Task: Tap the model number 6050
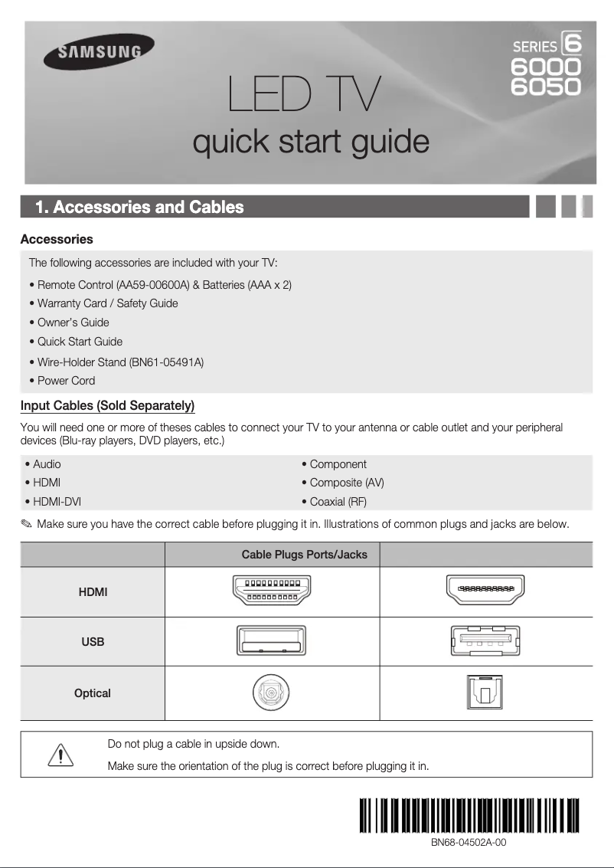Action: tap(546, 86)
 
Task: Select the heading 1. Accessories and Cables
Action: tap(140, 208)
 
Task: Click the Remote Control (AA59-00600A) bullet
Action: tap(160, 285)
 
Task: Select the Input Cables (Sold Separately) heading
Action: tap(107, 405)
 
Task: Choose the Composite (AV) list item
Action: tap(343, 483)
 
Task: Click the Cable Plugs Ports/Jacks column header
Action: tap(304, 555)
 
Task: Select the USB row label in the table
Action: tap(93, 642)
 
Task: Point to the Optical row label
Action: tap(93, 693)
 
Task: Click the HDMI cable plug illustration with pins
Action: tap(272, 591)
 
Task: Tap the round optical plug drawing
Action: tap(272, 694)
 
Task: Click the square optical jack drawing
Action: tap(486, 693)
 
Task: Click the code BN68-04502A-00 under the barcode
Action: tap(468, 842)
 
